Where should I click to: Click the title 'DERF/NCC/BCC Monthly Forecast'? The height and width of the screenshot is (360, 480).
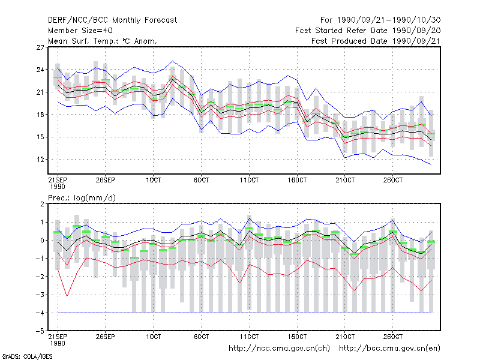[x=112, y=20]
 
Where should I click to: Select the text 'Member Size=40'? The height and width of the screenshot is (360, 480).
[x=80, y=31]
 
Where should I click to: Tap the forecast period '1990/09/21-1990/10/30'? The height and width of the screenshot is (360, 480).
[x=389, y=20]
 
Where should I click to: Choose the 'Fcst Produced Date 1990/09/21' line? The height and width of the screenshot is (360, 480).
[x=376, y=41]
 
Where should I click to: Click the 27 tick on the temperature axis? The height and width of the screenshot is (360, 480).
[x=40, y=47]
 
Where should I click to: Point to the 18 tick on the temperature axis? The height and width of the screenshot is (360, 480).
[x=40, y=115]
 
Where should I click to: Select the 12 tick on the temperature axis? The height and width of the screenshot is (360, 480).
[x=40, y=160]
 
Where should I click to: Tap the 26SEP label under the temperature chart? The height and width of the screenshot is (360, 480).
[x=106, y=180]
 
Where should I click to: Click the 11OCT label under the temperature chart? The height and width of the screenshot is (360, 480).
[x=249, y=180]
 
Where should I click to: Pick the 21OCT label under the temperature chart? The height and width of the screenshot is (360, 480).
[x=345, y=180]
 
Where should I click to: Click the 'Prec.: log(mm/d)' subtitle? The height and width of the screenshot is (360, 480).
[x=82, y=198]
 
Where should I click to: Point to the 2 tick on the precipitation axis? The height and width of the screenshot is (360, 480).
[x=42, y=204]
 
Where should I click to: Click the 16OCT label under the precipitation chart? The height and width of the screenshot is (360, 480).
[x=297, y=337]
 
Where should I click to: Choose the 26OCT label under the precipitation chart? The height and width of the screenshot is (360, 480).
[x=393, y=337]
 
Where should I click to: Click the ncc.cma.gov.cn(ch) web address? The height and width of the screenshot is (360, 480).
[x=279, y=349]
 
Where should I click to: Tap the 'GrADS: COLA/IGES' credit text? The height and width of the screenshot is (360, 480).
[x=27, y=356]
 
